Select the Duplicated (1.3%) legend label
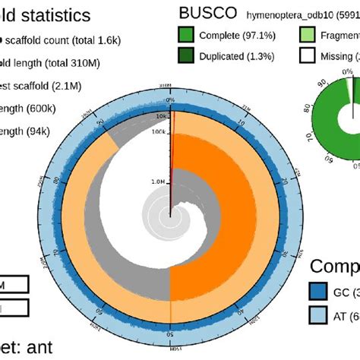click(x=250, y=55)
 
